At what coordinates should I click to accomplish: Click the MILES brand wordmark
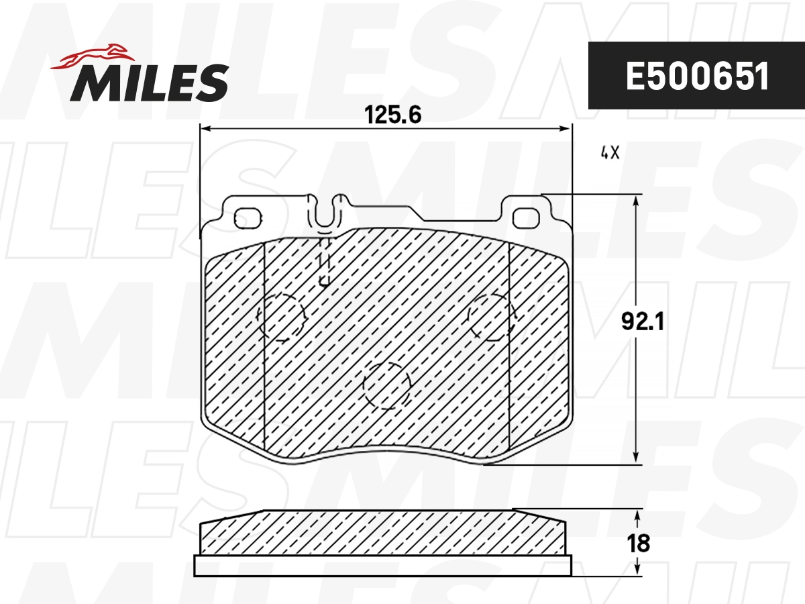(149, 82)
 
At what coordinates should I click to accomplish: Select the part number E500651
(697, 77)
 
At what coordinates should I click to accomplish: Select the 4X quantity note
(609, 153)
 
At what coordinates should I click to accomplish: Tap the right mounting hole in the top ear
(526, 218)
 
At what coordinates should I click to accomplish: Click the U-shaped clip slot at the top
(325, 211)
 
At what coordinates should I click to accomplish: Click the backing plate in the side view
(382, 566)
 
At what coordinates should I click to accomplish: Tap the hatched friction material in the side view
(382, 534)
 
